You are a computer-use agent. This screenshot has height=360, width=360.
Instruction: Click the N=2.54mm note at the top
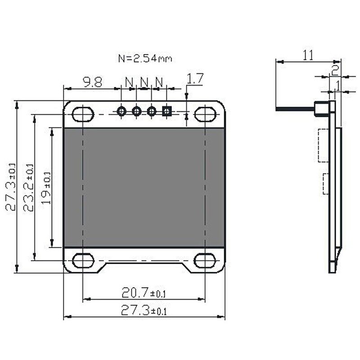[144, 58]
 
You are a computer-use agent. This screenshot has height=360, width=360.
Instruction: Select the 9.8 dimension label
[92, 82]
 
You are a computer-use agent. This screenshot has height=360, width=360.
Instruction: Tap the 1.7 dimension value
[195, 79]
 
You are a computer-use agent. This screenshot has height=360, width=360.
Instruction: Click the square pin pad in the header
[167, 111]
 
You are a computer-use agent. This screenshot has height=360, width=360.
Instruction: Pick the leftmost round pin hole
[121, 111]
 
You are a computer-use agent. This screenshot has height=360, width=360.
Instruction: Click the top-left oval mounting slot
[83, 113]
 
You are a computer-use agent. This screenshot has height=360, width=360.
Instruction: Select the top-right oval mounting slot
[205, 113]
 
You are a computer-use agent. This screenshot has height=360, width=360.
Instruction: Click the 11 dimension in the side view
[308, 55]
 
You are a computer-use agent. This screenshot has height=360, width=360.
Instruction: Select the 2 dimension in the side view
[335, 69]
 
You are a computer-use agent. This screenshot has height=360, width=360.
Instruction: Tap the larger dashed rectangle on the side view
[323, 145]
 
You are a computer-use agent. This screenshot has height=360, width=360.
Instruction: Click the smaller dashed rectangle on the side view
[325, 184]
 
